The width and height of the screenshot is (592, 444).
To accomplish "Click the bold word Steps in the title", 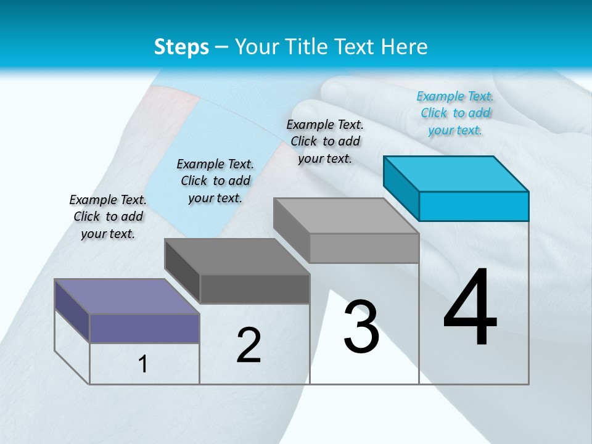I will pos(181,47).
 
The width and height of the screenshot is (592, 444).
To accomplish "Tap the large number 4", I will pos(470,308).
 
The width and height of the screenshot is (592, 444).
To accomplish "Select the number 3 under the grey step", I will pos(361,327).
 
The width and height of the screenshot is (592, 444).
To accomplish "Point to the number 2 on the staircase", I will pos(249,345).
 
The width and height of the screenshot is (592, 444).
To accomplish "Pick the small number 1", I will pos(142,364).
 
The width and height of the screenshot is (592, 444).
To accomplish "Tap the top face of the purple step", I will pos(127,297).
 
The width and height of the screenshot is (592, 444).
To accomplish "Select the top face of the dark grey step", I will pos(237,257).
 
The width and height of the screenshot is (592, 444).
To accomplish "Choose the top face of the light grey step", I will pos(346,216).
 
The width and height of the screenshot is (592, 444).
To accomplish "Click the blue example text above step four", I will pos(455,113).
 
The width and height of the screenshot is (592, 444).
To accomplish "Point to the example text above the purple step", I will pos(108,216).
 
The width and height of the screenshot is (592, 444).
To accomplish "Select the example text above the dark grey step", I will pos(215,181).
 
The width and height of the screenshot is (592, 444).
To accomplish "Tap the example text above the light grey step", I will pos(325,141).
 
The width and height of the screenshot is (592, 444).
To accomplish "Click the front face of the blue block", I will pos(474,206).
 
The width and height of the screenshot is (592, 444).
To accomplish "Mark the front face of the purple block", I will pos(144,328).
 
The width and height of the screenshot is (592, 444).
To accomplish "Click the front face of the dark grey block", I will pos(255,289).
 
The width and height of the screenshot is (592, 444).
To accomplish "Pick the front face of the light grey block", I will pos(364,248).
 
